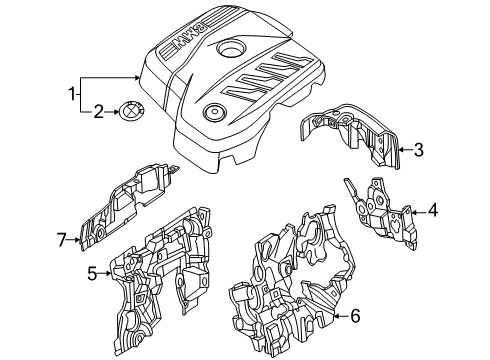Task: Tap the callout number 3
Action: [x=418, y=150]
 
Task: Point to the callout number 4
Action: [x=433, y=211]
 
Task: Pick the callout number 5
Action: [x=92, y=271]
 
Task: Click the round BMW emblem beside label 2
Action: [x=131, y=113]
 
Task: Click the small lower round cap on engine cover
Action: [x=212, y=112]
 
